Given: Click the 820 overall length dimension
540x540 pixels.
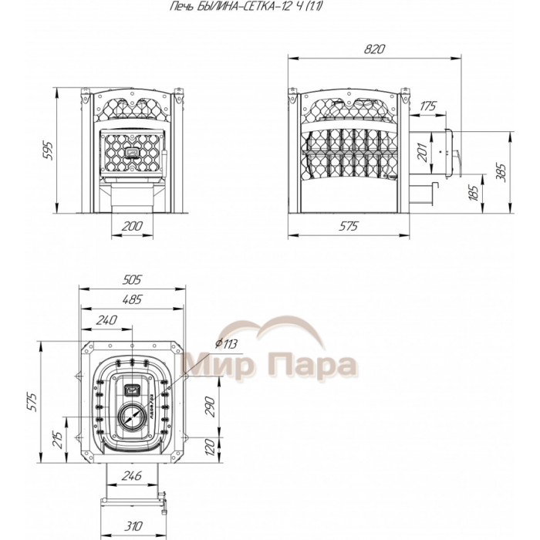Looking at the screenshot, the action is tap(374, 49).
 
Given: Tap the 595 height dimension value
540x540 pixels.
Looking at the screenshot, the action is tap(49, 150).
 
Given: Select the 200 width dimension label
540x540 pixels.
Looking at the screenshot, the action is tap(132, 226).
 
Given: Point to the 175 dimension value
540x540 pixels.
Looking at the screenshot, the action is tap(427, 106).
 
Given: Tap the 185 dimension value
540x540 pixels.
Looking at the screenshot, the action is tap(474, 193).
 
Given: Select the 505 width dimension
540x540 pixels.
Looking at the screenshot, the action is tap(132, 280).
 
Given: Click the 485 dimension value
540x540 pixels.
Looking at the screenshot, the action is tap(132, 299).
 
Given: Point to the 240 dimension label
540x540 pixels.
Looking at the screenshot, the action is tap(106, 320).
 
